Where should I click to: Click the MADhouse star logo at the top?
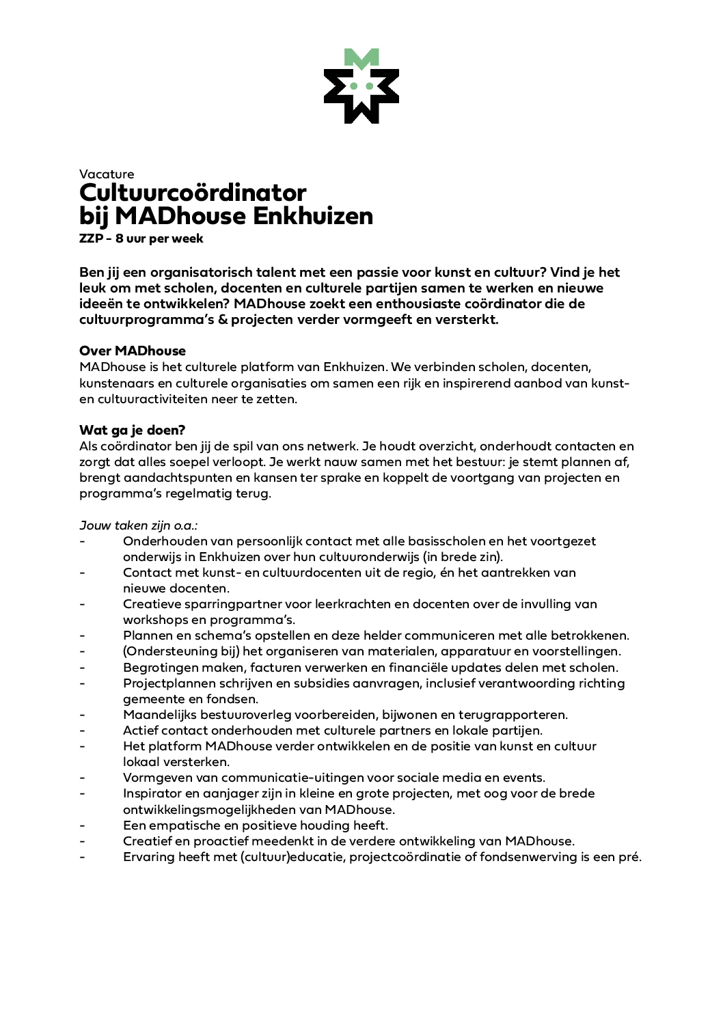tap(361, 87)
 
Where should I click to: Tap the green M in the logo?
tap(361, 57)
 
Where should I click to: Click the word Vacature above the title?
tap(107, 174)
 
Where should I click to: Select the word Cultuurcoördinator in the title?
tap(193, 193)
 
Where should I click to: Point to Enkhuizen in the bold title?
tap(313, 216)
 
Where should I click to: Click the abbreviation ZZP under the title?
tap(91, 238)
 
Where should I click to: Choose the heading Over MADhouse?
tap(133, 351)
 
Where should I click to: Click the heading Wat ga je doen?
tap(133, 430)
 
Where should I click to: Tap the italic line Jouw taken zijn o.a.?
tap(139, 526)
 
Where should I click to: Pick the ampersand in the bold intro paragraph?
tap(223, 319)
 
